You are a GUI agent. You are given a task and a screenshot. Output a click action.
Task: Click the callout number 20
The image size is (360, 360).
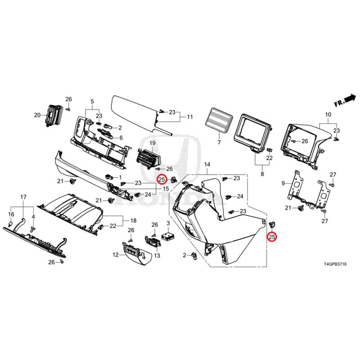coord(37,115)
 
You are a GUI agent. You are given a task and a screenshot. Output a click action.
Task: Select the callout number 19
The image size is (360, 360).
coord(153,143)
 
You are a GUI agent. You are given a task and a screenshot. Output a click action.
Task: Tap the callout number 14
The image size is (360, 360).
coord(207,165)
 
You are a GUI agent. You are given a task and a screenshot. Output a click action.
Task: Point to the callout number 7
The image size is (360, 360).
coord(219,142)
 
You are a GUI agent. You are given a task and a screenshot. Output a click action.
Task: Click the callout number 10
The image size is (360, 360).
coord(327,115)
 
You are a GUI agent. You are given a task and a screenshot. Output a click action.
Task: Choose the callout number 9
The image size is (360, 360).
coord(283,183)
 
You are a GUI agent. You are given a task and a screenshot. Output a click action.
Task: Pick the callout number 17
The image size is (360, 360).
coord(24,197)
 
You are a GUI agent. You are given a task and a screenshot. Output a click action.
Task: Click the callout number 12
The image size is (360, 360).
coord(116,255)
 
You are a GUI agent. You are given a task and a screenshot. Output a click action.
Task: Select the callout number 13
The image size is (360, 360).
coord(157,256)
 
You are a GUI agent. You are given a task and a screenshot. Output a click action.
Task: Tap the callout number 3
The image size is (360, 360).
coord(168,223)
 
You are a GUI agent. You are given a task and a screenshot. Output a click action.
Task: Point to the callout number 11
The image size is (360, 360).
coord(190,117)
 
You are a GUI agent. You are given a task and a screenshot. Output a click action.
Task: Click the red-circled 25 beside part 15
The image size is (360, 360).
coord(161,180)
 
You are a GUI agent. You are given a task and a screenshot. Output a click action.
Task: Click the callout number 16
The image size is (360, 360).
coord(12,214)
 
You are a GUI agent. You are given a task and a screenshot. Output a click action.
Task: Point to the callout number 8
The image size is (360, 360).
coord(262,172)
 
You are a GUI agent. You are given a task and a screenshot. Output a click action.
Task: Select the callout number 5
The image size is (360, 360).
coord(92,101)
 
